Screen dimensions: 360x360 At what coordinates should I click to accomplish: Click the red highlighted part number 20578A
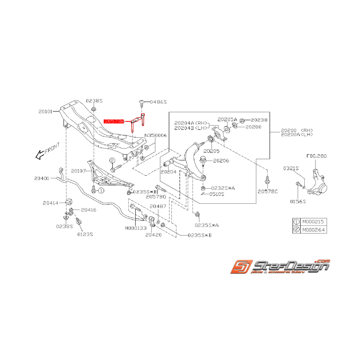click(x=114, y=121)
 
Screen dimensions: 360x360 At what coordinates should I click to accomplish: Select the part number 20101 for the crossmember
click(x=48, y=111)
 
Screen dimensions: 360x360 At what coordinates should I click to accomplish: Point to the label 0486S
click(x=158, y=102)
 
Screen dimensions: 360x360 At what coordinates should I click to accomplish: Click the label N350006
click(x=155, y=136)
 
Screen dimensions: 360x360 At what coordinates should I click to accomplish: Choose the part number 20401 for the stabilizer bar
click(x=41, y=178)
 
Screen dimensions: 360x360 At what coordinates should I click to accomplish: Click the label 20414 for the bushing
click(x=51, y=202)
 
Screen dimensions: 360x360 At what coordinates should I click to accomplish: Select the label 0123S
click(x=85, y=234)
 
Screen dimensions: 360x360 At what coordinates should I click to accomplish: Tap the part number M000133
click(x=136, y=228)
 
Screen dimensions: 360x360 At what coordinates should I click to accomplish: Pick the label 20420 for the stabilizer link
click(x=154, y=235)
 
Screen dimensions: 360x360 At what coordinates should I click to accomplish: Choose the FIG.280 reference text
click(x=316, y=156)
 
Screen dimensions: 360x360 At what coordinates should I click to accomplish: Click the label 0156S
click(x=298, y=201)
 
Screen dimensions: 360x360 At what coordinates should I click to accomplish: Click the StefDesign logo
click(x=280, y=266)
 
